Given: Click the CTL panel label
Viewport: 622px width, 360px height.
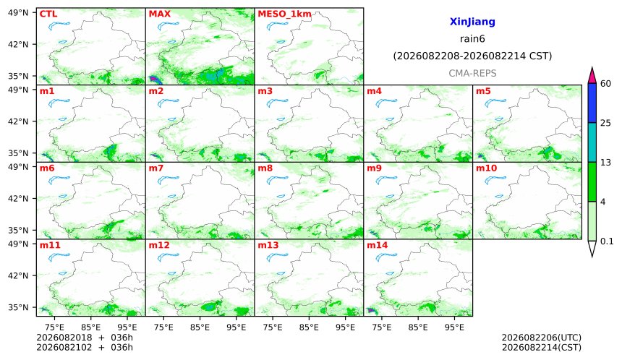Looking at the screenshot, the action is tap(48, 14).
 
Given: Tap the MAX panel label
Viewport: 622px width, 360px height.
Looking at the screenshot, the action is tap(159, 14).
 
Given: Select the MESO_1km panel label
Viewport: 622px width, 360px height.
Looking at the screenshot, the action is tap(284, 14).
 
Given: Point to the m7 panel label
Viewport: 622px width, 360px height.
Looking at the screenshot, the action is tap(156, 168).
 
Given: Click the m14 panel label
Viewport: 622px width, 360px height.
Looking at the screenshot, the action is tap(377, 245).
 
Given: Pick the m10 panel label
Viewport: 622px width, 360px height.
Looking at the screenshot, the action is tap(486, 168).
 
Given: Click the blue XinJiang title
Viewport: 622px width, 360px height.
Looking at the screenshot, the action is tap(472, 22).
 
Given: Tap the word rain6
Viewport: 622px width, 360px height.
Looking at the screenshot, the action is tap(472, 39).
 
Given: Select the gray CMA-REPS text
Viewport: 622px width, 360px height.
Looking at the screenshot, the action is tap(472, 73).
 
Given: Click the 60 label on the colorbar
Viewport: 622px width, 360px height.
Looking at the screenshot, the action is tap(605, 84).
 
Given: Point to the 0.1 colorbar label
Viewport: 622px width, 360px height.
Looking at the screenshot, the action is tap(607, 241).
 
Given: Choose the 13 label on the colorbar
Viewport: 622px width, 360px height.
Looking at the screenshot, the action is tap(605, 163).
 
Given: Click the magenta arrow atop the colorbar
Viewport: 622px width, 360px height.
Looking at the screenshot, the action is tap(592, 75).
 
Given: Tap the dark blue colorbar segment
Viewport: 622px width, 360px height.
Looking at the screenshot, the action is tap(592, 103).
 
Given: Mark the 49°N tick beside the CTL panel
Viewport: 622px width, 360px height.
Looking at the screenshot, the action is tap(18, 13).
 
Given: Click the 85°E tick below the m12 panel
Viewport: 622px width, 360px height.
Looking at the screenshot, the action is tap(200, 327).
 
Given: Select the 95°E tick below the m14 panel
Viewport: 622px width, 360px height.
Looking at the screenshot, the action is tap(454, 327).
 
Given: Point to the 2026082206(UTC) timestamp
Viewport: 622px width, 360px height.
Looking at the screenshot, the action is tap(542, 338).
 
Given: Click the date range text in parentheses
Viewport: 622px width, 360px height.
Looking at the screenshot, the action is tap(472, 56).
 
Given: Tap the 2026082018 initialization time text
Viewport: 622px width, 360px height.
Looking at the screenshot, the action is tap(64, 338).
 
